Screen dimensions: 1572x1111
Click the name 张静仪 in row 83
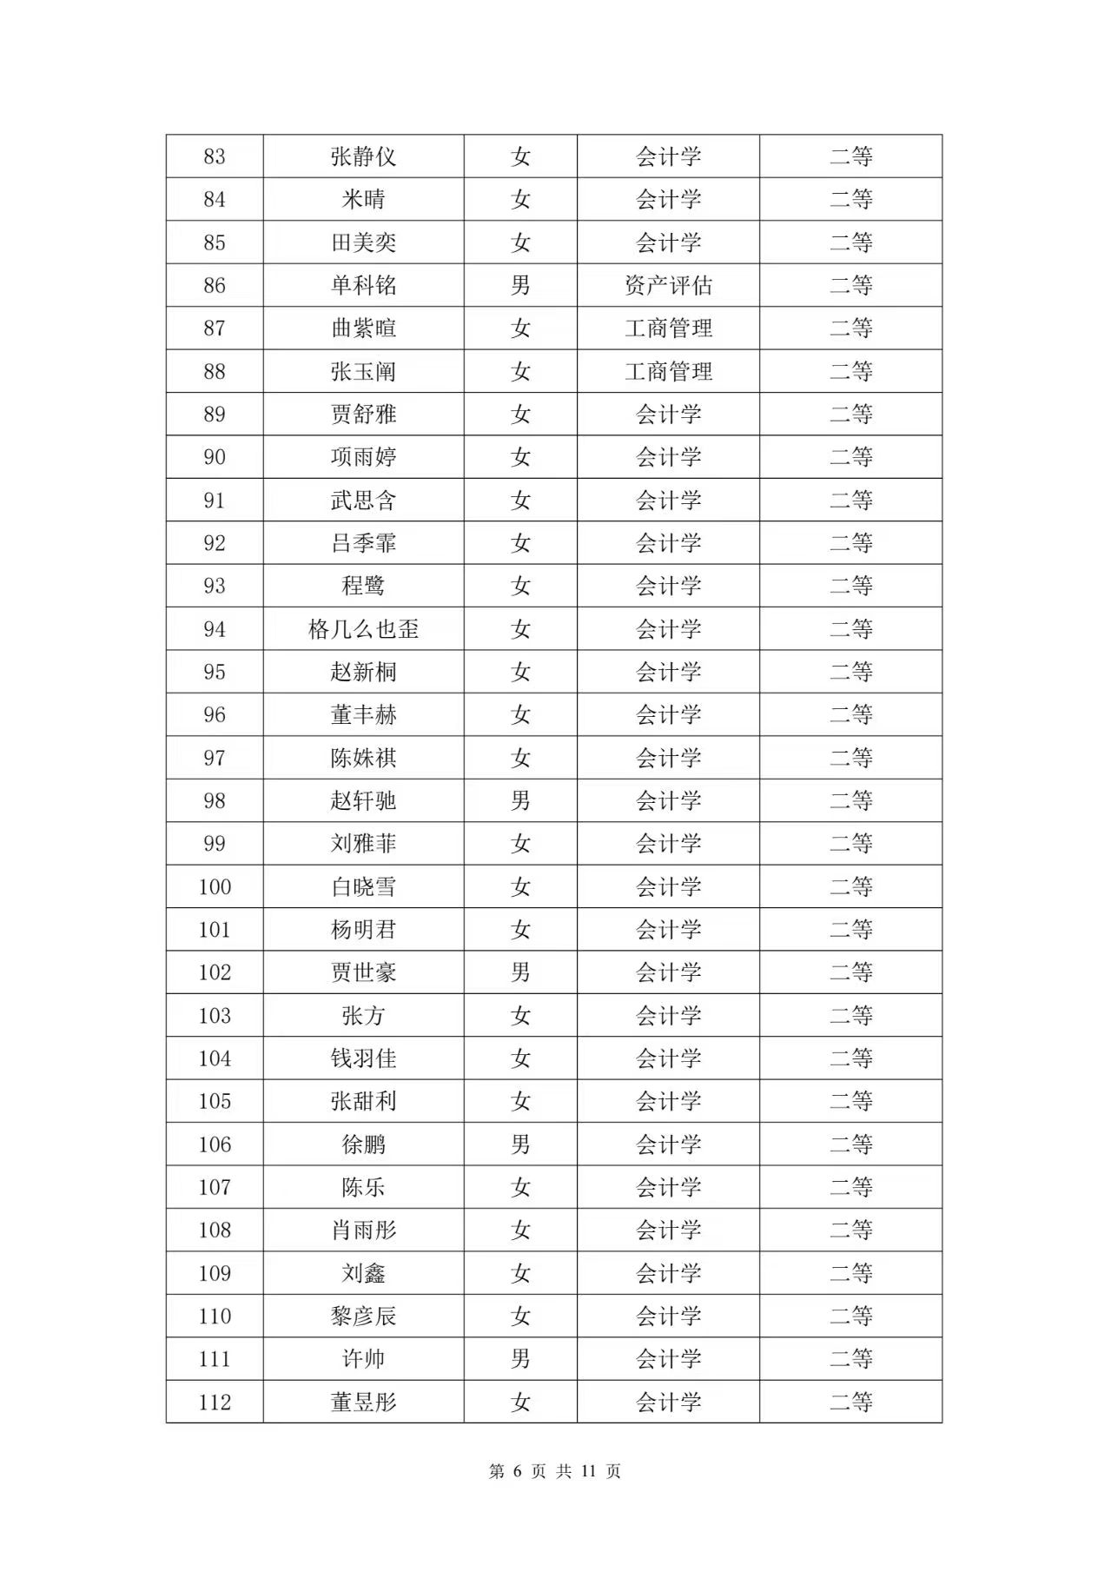[363, 156]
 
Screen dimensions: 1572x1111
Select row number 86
[215, 285]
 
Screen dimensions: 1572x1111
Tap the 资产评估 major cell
[668, 285]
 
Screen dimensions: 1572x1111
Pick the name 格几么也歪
[363, 628]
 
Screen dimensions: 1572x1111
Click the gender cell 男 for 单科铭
[520, 285]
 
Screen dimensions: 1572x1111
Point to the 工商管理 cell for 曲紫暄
[668, 328]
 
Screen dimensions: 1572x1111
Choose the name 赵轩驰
[363, 800]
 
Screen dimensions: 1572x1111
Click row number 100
[215, 886]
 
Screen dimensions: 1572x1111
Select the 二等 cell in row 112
[850, 1402]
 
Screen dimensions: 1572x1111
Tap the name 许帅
[363, 1359]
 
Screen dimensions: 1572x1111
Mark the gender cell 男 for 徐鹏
[520, 1144]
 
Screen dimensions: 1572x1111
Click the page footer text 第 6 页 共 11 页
[555, 1471]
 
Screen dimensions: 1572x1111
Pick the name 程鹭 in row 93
[363, 586]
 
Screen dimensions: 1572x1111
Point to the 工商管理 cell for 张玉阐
[668, 371]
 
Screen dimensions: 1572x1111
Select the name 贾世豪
[363, 972]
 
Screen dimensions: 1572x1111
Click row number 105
[215, 1101]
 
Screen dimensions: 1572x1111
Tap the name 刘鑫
[363, 1273]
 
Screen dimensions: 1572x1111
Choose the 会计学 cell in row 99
[668, 843]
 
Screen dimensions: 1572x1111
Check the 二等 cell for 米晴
[850, 199]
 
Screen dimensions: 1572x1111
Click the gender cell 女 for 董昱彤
[520, 1402]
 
